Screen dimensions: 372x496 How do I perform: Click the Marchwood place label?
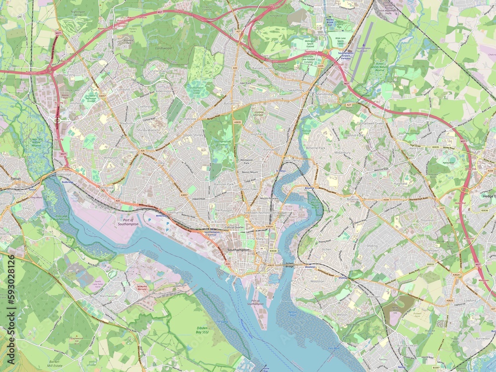pyautogui.click(x=108, y=296)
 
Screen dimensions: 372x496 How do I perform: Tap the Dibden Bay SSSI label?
pyautogui.click(x=202, y=330)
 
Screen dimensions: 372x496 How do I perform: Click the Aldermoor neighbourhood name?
pyautogui.click(x=164, y=91)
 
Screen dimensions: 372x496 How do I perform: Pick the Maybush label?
pyautogui.click(x=126, y=124)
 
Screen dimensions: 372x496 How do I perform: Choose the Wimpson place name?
pyautogui.click(x=110, y=158)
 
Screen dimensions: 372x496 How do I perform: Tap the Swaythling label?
pyautogui.click(x=296, y=91)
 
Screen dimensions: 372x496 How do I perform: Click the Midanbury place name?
pyautogui.click(x=343, y=153)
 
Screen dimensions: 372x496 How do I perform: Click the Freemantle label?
pyautogui.click(x=174, y=213)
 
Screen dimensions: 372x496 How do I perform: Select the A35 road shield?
pyautogui.click(x=142, y=150)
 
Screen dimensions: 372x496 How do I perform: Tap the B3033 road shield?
pyautogui.click(x=430, y=264)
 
